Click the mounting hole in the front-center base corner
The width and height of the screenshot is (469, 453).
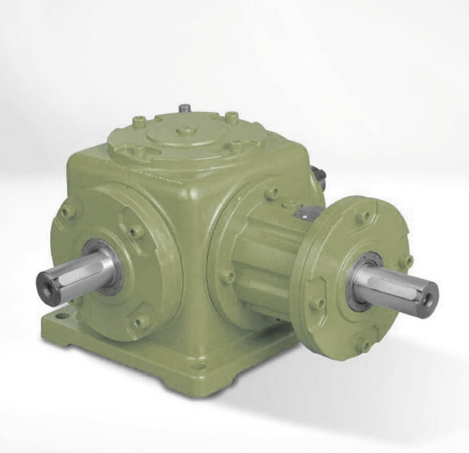pyautogui.click(x=199, y=366)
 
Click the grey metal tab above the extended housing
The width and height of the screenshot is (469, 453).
pyautogui.click(x=307, y=212)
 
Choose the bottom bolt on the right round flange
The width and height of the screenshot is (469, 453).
pyautogui.click(x=363, y=346)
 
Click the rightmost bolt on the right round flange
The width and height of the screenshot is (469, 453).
pyautogui.click(x=405, y=261)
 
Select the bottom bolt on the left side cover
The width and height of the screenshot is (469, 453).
pyautogui.click(x=140, y=322)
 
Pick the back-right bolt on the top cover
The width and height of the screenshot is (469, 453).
pyautogui.click(x=231, y=117)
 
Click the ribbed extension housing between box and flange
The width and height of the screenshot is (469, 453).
pyautogui.click(x=263, y=263)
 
